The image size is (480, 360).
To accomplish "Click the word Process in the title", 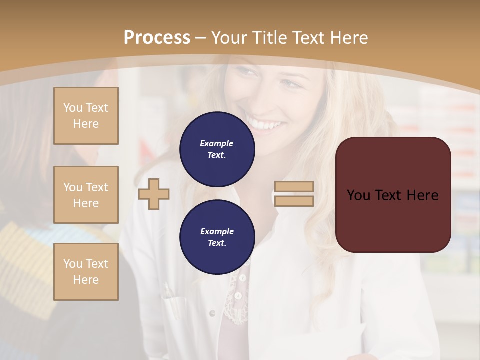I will point(157,38).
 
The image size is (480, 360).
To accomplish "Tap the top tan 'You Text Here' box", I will point(86,116).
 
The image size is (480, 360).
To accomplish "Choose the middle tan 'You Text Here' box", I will point(86,195).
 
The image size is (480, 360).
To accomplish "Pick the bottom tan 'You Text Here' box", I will point(86,272).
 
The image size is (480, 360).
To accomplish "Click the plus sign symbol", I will point(154,194).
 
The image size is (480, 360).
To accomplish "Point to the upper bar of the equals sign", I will point(294,187).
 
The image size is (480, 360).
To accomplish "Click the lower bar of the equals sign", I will point(294,201).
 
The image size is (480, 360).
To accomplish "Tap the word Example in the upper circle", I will point(217,143).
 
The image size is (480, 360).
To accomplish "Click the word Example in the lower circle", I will point(217,231).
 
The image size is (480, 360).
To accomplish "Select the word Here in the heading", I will point(348,38).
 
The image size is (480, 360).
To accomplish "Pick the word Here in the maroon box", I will point(423,195).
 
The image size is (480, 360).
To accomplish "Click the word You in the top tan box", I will point(72,108).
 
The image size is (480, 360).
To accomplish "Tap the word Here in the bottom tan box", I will point(86,280).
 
